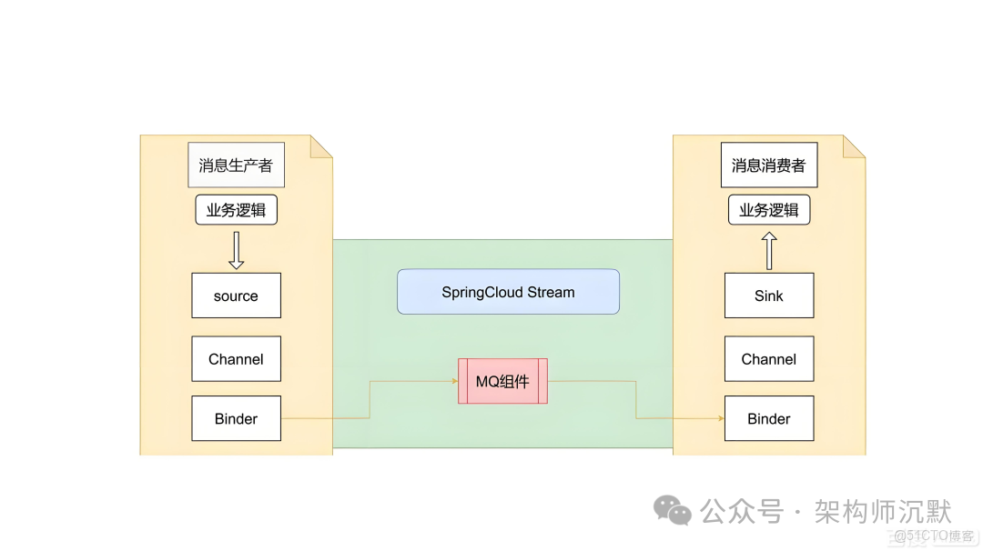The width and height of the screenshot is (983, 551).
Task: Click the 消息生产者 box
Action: (x=236, y=165)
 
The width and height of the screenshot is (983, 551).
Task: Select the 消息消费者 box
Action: (x=769, y=165)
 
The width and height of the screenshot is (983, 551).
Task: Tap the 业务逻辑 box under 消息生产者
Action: (x=236, y=211)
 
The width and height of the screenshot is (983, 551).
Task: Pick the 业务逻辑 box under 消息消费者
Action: (x=769, y=211)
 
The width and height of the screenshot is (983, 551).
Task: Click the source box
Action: (x=236, y=296)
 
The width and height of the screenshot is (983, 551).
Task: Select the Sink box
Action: (x=769, y=296)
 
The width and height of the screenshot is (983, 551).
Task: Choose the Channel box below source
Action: (x=236, y=359)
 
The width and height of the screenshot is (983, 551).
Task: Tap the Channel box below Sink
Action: (x=769, y=359)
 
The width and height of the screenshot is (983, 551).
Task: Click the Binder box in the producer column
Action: (x=236, y=418)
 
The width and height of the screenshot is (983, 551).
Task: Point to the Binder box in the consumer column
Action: (x=769, y=418)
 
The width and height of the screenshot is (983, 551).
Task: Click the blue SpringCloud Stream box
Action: (x=508, y=292)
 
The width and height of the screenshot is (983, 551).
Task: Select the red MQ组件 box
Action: (x=502, y=381)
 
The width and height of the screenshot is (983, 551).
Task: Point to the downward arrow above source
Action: (x=236, y=250)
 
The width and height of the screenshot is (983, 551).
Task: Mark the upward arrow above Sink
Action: (x=769, y=250)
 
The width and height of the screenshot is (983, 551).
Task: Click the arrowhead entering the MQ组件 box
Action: (x=454, y=381)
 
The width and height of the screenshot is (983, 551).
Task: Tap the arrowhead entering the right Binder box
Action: (x=721, y=418)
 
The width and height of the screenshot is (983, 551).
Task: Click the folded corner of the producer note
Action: (x=323, y=145)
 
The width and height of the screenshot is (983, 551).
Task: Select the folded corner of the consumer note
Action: (x=856, y=145)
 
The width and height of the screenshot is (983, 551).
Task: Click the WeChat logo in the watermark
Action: (x=674, y=510)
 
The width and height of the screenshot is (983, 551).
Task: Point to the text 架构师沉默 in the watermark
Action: (x=882, y=511)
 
